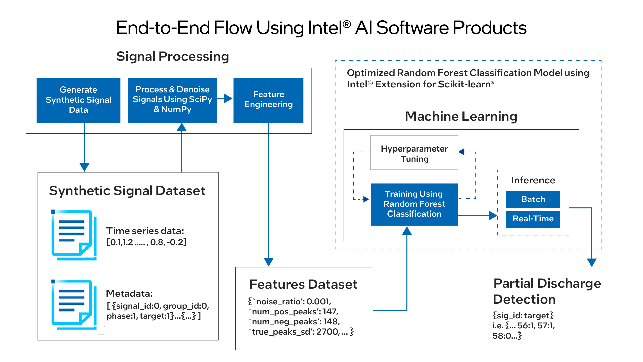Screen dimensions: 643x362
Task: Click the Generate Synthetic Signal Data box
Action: point(78,101)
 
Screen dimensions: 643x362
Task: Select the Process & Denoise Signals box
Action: point(172,101)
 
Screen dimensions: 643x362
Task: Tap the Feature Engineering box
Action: point(269,101)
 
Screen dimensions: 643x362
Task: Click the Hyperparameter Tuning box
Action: point(415,153)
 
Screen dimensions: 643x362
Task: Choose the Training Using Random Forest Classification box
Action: point(415,204)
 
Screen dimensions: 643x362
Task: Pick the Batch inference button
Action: point(533,199)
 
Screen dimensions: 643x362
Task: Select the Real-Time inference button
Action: point(533,219)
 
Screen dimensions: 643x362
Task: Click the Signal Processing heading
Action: point(172,56)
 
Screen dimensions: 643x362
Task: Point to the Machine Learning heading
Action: point(461,116)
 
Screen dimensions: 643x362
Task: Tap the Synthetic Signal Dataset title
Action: point(127,191)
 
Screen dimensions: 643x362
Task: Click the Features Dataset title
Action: point(303,284)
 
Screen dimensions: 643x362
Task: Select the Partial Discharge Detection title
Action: point(547,291)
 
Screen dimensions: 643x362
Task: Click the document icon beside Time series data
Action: point(74,235)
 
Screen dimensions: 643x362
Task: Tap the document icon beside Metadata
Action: point(74,305)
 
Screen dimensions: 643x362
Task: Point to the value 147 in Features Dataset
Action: point(330,312)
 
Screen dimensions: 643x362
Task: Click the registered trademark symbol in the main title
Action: point(347,24)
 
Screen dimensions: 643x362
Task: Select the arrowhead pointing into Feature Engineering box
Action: point(228,98)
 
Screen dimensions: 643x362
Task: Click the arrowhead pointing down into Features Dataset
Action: point(269,262)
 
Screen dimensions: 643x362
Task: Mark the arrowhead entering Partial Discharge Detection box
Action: point(592,263)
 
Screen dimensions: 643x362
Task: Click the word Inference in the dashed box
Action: point(533,180)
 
